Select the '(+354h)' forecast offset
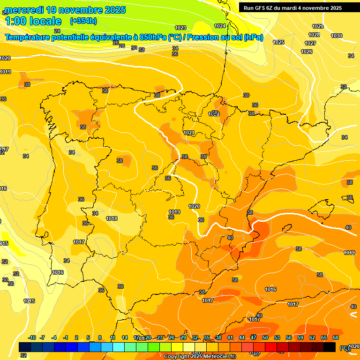tap(83, 21)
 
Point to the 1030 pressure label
tap(336, 36)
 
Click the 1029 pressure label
tap(318, 26)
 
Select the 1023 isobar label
tap(180, 28)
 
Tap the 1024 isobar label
tap(219, 26)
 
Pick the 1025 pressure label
tap(278, 42)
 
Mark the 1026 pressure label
tap(307, 52)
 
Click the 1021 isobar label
tap(189, 133)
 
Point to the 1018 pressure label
tap(112, 218)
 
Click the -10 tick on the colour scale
tap(32, 337)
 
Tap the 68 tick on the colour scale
tap(336, 337)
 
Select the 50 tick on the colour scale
tap(265, 337)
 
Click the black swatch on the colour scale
tap(330, 347)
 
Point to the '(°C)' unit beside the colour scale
tap(345, 347)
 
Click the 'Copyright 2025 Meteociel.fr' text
tap(199, 356)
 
